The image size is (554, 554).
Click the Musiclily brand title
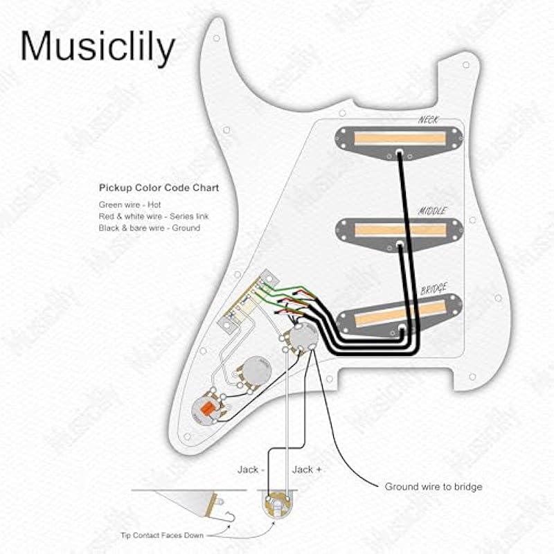(x=98, y=46)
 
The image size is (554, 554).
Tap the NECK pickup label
(x=429, y=120)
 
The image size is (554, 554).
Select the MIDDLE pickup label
(x=432, y=211)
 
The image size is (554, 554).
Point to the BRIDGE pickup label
(x=434, y=289)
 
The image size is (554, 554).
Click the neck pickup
(x=400, y=138)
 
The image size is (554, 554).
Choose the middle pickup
(x=400, y=230)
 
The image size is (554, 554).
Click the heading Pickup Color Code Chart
(x=159, y=188)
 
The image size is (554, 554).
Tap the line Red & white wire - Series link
(x=153, y=217)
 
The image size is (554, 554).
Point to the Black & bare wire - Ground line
(x=149, y=228)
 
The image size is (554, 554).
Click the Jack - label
(x=247, y=470)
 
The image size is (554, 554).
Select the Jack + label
(x=307, y=470)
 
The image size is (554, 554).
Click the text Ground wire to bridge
(x=434, y=487)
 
